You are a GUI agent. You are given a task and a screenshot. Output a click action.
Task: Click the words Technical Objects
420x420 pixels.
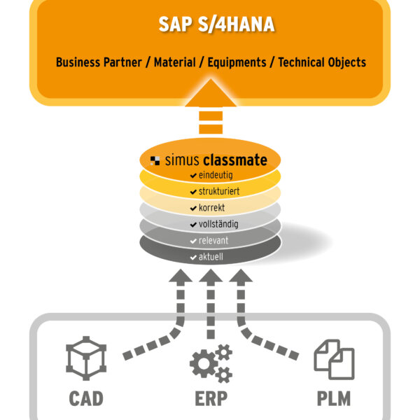pos(322,62)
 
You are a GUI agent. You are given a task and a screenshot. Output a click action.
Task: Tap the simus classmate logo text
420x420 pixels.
pos(216,160)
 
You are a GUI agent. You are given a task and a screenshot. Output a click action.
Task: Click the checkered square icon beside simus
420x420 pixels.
pos(156,160)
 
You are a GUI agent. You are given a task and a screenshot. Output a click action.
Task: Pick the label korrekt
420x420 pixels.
pos(212,208)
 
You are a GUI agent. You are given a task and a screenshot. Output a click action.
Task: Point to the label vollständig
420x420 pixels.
pos(218,225)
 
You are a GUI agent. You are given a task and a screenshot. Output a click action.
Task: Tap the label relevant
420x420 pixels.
pos(213,241)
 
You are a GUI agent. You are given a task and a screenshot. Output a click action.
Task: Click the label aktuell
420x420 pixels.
pos(212,257)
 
